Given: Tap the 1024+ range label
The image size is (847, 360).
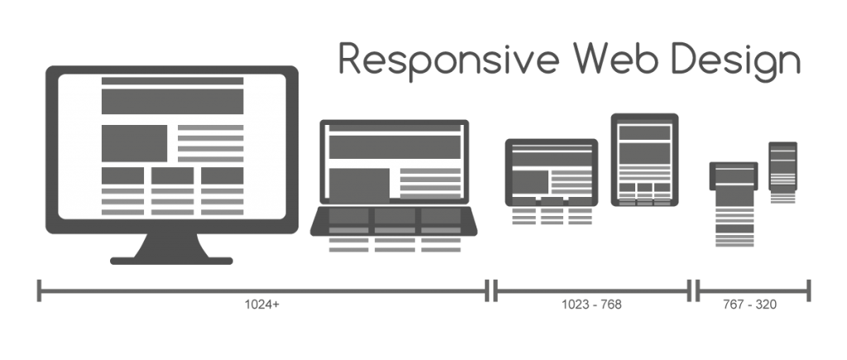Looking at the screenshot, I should click(262, 305).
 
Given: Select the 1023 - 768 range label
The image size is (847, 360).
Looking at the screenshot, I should click(591, 305).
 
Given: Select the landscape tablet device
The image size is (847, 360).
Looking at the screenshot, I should click(551, 171).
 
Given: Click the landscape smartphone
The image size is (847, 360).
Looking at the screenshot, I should click(734, 176).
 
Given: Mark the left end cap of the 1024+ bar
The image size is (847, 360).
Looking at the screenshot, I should click(40, 290).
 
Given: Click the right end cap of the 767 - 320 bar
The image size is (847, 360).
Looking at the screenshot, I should click(808, 290).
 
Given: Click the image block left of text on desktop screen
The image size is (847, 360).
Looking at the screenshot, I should click(134, 142).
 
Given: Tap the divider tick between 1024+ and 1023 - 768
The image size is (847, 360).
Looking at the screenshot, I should click(493, 290).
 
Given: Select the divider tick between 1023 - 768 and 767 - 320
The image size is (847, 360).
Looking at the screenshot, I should click(693, 290).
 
